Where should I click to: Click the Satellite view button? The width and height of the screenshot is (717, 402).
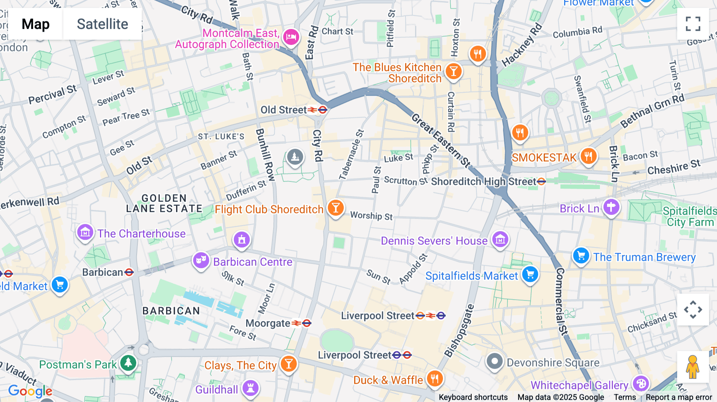(102, 24)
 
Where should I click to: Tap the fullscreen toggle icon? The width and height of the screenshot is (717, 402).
(693, 24)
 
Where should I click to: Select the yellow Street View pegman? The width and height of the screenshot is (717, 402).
(693, 367)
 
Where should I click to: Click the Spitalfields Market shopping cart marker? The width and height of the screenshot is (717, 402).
(530, 274)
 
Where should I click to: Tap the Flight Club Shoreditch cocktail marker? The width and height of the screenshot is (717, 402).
(335, 208)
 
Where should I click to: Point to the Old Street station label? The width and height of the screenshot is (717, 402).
(284, 110)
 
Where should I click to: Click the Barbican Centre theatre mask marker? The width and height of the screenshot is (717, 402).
(201, 261)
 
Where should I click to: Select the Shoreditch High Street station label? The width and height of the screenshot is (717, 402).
(484, 181)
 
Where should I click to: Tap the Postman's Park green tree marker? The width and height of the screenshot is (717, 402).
(128, 363)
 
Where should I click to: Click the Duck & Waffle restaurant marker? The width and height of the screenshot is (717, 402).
(435, 379)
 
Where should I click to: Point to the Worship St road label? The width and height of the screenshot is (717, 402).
(371, 216)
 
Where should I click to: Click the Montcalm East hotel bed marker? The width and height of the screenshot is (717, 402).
(291, 37)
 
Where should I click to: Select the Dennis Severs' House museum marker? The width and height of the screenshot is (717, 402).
(500, 240)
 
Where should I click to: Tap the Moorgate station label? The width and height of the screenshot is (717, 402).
(268, 323)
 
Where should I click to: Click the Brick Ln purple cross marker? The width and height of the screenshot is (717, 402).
(611, 207)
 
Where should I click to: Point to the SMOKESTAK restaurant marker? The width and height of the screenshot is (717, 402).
(588, 156)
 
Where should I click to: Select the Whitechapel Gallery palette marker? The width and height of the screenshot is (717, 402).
(641, 384)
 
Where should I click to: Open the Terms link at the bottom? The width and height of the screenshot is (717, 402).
(625, 397)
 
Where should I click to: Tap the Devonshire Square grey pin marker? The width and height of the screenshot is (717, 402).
(494, 362)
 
